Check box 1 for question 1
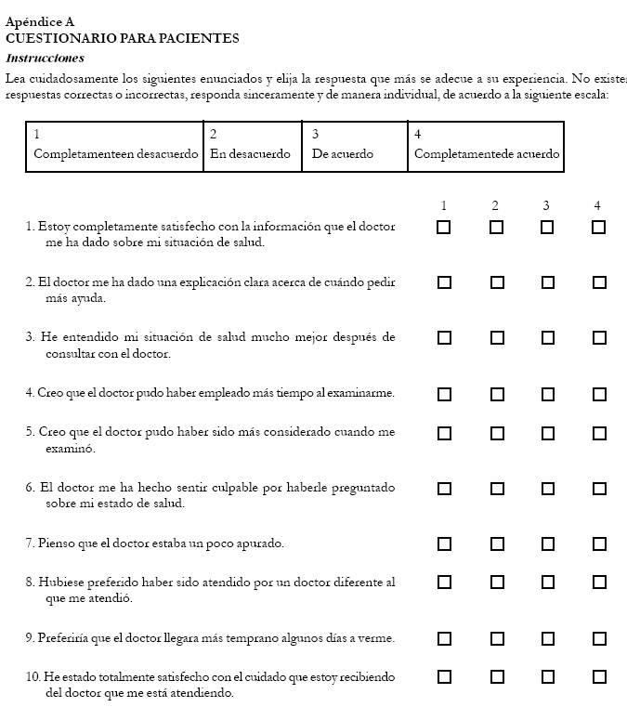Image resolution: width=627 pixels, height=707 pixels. pyautogui.click(x=444, y=227)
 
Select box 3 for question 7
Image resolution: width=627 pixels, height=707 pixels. pyautogui.click(x=547, y=543)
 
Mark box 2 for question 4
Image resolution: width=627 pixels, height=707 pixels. pyautogui.click(x=496, y=394)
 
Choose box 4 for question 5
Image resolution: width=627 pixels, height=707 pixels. pyautogui.click(x=599, y=433)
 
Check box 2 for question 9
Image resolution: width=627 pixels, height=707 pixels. pyautogui.click(x=496, y=638)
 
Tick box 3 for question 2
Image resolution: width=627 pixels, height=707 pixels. pyautogui.click(x=547, y=282)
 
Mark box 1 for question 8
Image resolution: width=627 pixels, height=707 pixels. pyautogui.click(x=444, y=583)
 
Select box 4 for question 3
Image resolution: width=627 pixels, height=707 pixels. pyautogui.click(x=599, y=338)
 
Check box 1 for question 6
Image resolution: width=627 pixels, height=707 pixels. pyautogui.click(x=444, y=488)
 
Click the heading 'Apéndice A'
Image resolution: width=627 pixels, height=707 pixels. pyautogui.click(x=40, y=20)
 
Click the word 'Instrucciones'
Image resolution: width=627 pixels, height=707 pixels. pyautogui.click(x=45, y=58)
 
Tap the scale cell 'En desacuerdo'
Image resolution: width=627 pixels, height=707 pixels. pyautogui.click(x=250, y=154)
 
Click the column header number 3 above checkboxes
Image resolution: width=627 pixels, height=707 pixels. pyautogui.click(x=546, y=205)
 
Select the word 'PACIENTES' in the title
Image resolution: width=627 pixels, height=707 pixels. pyautogui.click(x=195, y=38)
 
